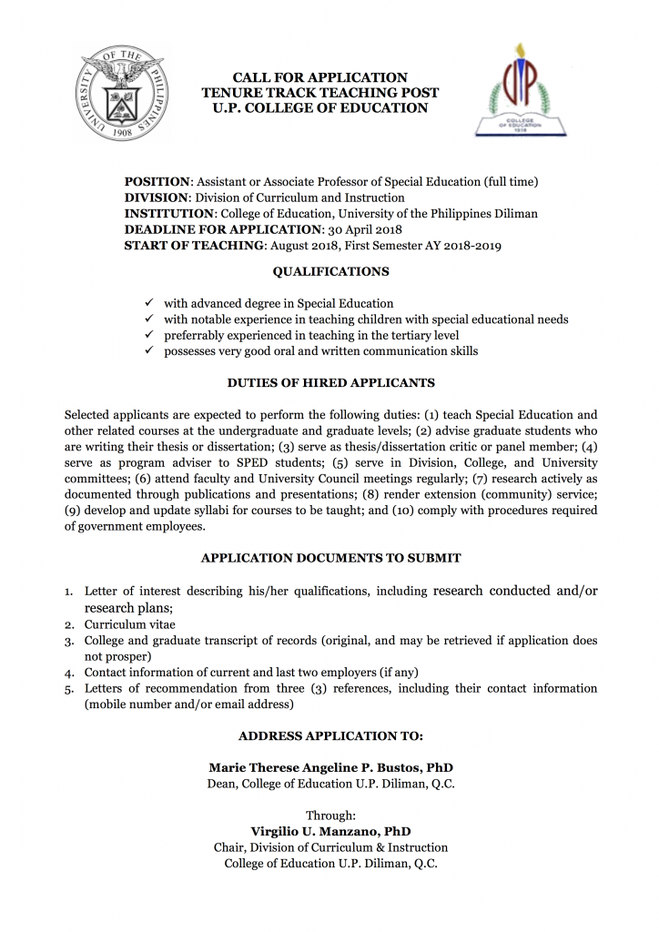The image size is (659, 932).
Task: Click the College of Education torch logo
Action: (x=520, y=90)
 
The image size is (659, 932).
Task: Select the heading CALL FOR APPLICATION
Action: (x=319, y=77)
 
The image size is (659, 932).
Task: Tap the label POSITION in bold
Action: (x=157, y=181)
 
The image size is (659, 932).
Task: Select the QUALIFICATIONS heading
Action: (x=330, y=271)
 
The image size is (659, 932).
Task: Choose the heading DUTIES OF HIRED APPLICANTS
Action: (x=330, y=383)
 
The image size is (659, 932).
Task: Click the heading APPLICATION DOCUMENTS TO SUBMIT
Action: (x=330, y=558)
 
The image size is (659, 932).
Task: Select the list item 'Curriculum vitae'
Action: (x=130, y=624)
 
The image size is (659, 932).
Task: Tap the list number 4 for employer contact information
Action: (x=69, y=673)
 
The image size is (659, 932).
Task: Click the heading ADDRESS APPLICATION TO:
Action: (x=330, y=735)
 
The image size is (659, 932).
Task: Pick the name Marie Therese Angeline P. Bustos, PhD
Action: (x=330, y=767)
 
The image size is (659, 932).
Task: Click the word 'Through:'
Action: (x=330, y=815)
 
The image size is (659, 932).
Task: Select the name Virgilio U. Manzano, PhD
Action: (x=330, y=831)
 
